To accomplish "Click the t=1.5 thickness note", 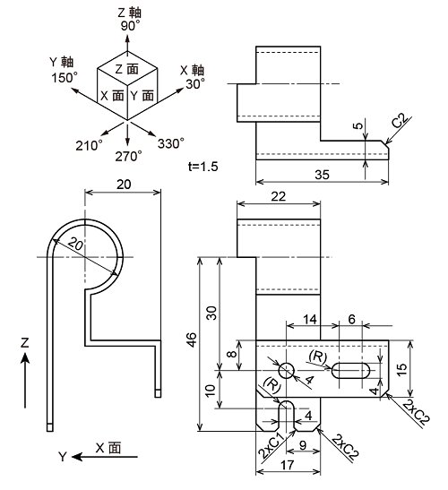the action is click(x=202, y=167).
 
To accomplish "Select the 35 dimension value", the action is click(x=322, y=175).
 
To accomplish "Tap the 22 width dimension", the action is click(x=279, y=196).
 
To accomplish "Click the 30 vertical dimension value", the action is click(x=212, y=313).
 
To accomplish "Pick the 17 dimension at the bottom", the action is click(x=287, y=465).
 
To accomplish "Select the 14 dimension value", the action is click(x=310, y=320).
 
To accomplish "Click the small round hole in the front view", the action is click(x=287, y=371).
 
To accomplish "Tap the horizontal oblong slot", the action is click(x=350, y=371).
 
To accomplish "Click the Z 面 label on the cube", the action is click(x=126, y=69).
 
